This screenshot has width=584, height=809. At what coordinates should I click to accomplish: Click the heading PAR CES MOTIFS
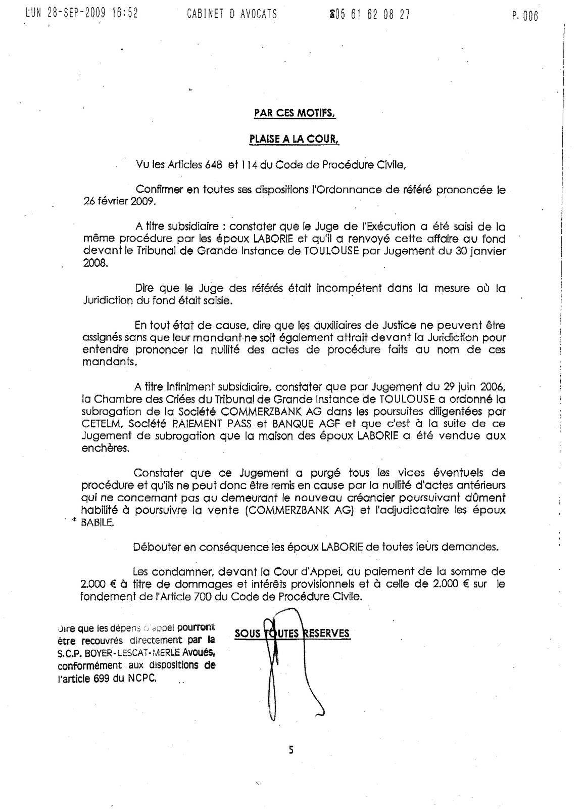pos(295,113)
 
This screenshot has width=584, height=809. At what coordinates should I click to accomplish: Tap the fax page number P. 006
pos(525,16)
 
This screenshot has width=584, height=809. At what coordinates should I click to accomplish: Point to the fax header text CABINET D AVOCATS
pos(231,14)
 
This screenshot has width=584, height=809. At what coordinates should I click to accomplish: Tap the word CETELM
pos(99,423)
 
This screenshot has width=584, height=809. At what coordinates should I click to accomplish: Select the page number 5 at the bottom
pos(291,750)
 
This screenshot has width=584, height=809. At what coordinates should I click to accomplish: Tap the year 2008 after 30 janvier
pos(94,263)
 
